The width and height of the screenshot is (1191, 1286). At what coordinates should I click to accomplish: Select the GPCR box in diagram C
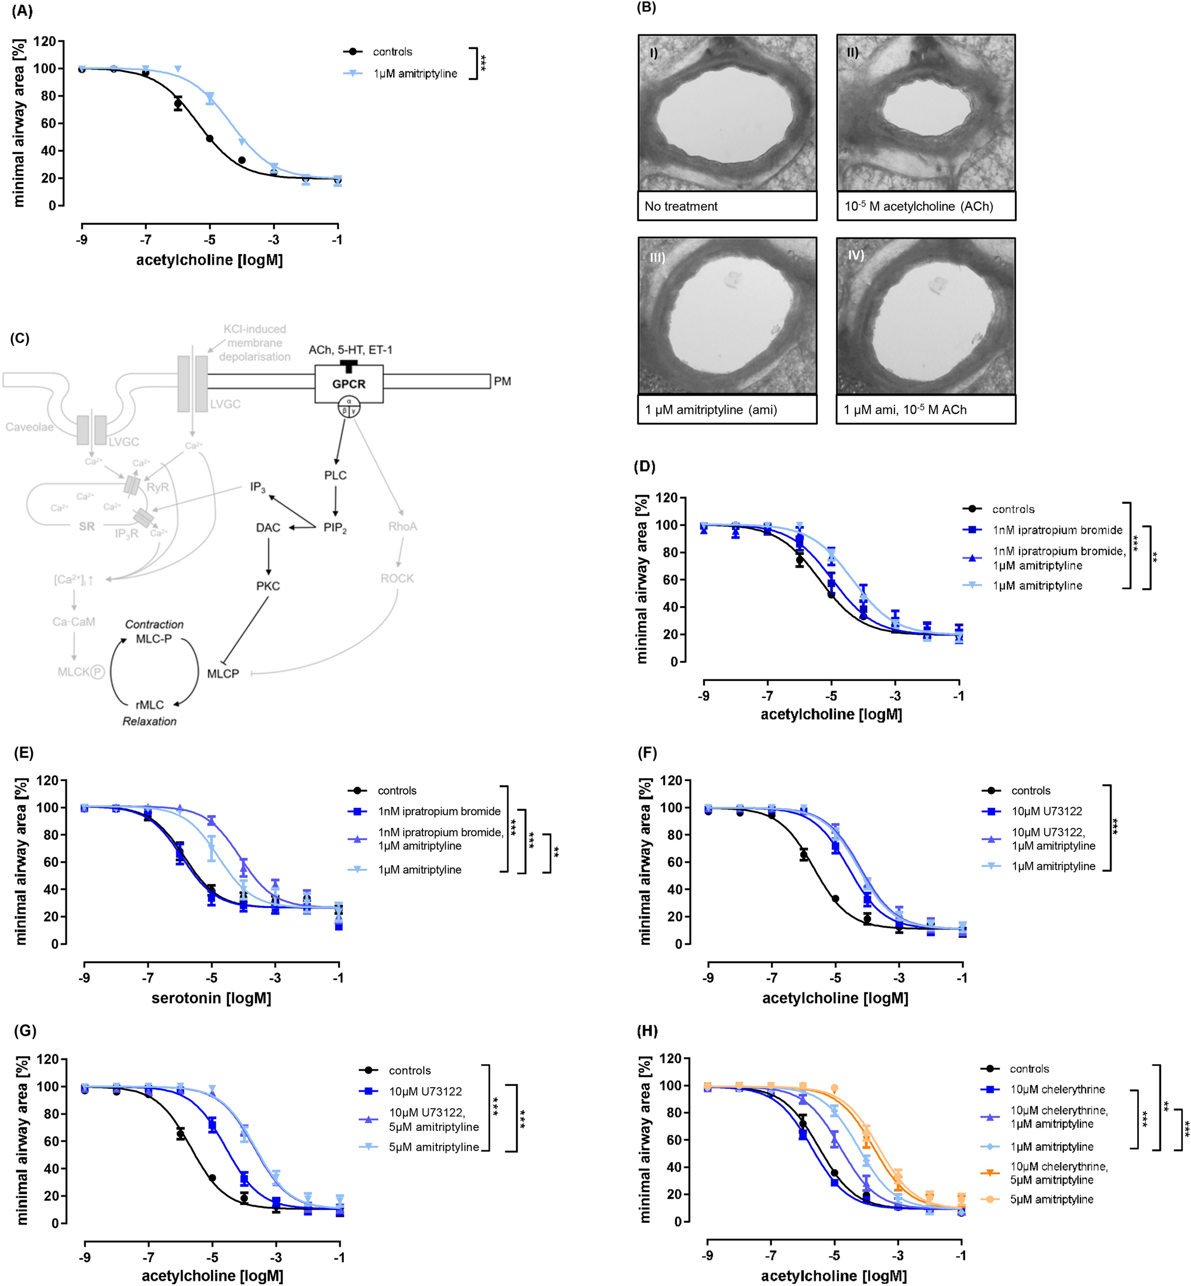349,384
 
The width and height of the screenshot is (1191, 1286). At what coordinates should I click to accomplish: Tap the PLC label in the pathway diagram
335,475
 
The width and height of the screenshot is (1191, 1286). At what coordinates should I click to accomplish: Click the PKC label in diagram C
268,586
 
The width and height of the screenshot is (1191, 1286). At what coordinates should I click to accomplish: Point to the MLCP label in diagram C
223,673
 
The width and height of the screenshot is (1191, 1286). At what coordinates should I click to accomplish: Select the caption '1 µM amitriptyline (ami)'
711,410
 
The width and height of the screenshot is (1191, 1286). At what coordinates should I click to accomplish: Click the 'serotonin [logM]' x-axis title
211,998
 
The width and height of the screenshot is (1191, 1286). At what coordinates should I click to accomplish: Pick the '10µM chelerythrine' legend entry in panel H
1057,1089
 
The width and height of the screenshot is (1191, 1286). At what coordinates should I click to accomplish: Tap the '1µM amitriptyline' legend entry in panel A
415,74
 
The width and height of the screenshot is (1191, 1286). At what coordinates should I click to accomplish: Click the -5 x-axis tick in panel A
209,240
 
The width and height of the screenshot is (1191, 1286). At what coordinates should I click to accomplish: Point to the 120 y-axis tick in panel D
666,498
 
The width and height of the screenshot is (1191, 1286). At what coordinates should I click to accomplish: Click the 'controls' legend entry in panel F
1031,790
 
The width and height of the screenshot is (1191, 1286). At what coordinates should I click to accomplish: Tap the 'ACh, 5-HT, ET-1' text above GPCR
350,349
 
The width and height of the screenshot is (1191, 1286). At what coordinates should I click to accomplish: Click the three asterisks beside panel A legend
483,63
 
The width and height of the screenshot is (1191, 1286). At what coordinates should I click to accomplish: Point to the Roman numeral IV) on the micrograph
856,255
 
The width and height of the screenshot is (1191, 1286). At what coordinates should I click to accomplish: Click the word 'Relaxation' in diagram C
150,721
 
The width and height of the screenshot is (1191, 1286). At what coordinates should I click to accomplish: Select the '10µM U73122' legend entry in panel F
1046,811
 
